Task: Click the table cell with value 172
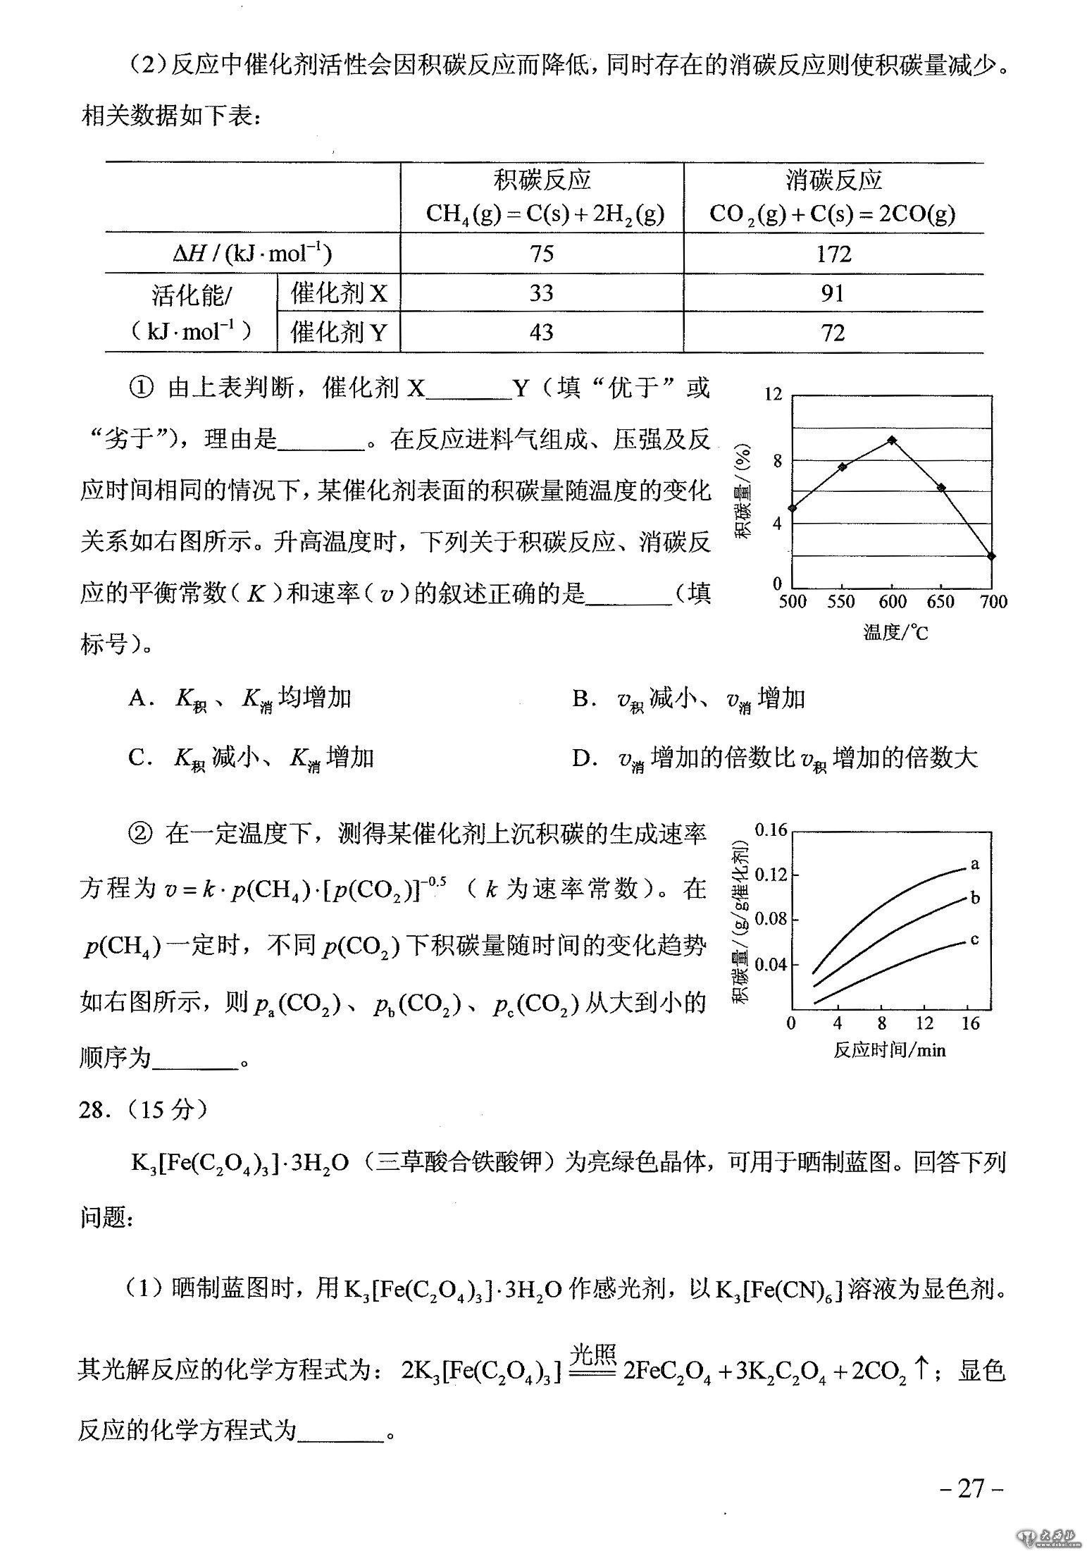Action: pos(833,254)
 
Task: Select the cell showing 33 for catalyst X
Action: pos(541,292)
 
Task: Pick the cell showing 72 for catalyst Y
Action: pos(833,332)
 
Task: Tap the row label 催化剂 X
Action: pos(339,292)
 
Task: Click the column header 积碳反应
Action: pos(542,180)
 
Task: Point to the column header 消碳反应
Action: pos(833,180)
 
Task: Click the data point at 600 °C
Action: pos(892,440)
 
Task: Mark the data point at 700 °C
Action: pos(991,556)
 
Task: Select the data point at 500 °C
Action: pos(793,507)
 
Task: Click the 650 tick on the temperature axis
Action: pos(941,602)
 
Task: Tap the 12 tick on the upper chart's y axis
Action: pos(774,394)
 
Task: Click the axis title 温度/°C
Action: pos(895,632)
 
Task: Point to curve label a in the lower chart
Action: pos(975,863)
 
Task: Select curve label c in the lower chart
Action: pos(974,939)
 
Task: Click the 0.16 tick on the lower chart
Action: pos(770,830)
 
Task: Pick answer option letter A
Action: pos(137,698)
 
